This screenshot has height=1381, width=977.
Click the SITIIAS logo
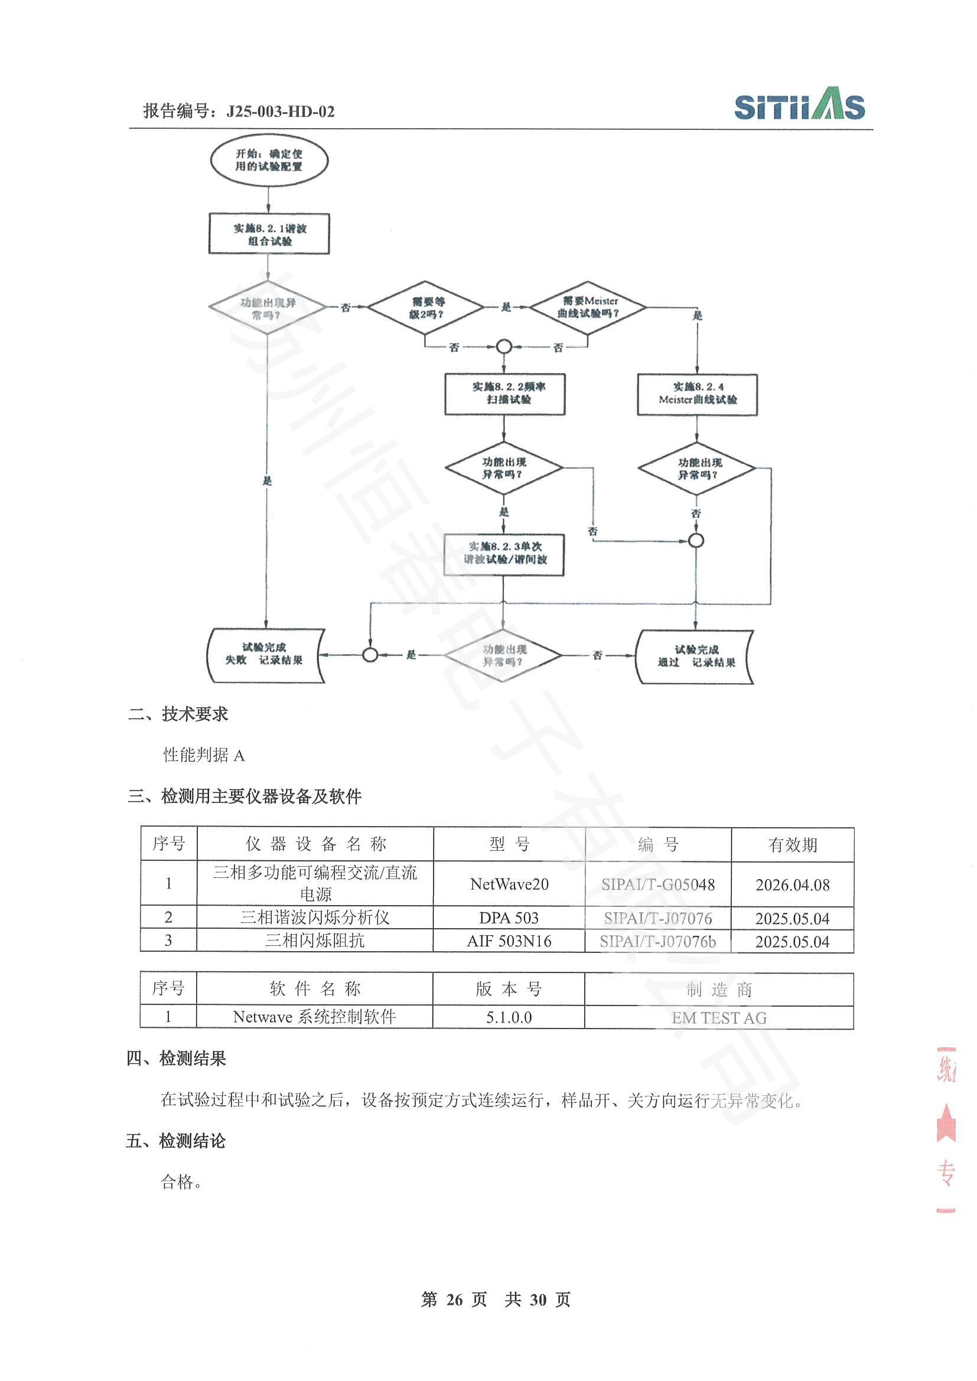coord(799,104)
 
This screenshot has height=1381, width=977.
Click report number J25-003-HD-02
coord(280,112)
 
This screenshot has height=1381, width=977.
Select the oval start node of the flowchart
coord(269,161)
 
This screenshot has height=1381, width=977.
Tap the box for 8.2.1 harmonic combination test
coord(269,234)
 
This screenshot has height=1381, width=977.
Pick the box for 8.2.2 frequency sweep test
coord(504,393)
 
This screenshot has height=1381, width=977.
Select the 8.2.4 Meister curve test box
coord(697,394)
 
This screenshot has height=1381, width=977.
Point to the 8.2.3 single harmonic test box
coord(504,553)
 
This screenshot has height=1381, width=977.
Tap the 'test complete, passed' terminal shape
coord(695,656)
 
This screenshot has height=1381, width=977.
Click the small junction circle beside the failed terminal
coord(370,654)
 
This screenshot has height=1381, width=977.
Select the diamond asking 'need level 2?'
coord(426,308)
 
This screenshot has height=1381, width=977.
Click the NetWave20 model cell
coord(509,884)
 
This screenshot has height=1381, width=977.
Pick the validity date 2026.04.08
coord(792,885)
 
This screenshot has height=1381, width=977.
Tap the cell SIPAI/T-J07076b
coord(657,941)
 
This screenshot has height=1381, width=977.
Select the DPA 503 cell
coord(509,918)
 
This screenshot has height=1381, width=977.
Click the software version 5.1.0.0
coord(509,1017)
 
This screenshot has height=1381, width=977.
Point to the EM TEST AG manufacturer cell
coord(719,1018)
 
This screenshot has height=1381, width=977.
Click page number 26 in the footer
coord(454,1299)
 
